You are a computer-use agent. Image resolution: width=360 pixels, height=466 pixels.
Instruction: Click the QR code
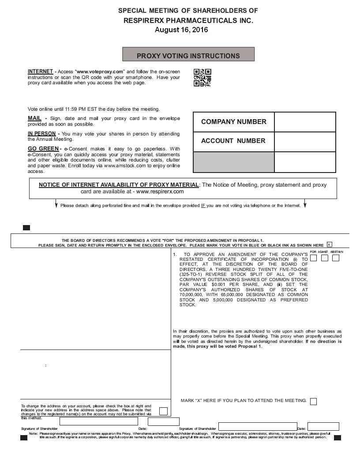[x=202, y=78]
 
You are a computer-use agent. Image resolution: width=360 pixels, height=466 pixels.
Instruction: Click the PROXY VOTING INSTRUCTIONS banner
[x=188, y=56]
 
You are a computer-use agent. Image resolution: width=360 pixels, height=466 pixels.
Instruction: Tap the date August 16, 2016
[x=181, y=30]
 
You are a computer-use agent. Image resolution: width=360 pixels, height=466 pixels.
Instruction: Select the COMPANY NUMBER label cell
[x=234, y=122]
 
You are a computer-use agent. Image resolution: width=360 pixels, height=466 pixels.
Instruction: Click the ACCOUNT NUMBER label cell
[x=233, y=141]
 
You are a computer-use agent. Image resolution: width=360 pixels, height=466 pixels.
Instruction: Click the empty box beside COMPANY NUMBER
[x=305, y=122]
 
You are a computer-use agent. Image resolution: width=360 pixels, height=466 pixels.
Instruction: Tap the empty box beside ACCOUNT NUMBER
[x=305, y=141]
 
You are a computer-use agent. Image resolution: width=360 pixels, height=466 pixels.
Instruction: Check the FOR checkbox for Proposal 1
[x=314, y=258]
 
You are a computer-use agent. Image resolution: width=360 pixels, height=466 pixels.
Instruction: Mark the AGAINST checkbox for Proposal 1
[x=325, y=258]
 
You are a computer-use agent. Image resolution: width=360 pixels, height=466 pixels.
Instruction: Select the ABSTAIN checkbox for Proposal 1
[x=336, y=258]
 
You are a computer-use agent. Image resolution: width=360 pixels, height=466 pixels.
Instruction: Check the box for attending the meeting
[x=313, y=401]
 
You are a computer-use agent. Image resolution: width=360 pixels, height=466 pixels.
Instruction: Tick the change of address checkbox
[x=163, y=411]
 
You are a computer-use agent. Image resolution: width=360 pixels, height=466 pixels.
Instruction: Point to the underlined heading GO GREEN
[x=43, y=149]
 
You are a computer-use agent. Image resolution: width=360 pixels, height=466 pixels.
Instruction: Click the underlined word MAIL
[x=34, y=118]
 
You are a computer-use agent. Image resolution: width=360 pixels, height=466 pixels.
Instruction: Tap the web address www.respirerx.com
[x=160, y=192]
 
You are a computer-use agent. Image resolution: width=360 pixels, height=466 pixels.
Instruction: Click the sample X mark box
[x=330, y=244]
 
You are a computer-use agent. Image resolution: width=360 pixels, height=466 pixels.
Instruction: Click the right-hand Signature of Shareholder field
[x=258, y=426]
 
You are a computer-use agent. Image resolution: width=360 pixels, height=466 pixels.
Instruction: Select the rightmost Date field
[x=323, y=426]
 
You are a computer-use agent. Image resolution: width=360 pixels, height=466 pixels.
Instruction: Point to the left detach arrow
[x=56, y=205]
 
